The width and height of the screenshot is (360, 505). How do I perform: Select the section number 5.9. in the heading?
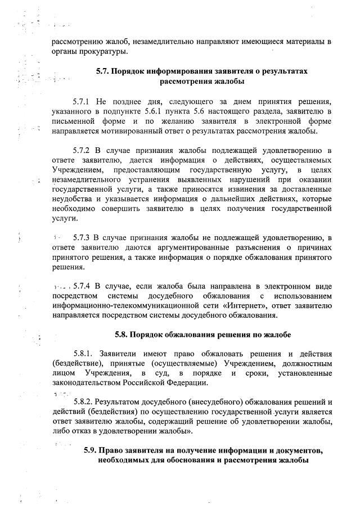point(91,451)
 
